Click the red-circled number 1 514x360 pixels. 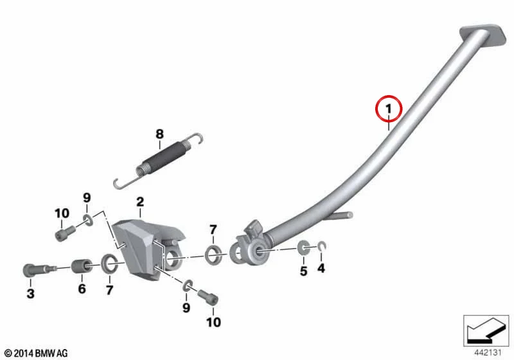coord(389,109)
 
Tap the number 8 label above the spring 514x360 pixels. coord(159,134)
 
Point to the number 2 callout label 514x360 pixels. coord(140,202)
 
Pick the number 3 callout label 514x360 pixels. coord(30,293)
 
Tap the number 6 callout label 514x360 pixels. coord(82,289)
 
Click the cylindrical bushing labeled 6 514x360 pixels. coord(82,266)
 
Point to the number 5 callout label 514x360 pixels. coord(303,271)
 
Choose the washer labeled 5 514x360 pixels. coord(303,248)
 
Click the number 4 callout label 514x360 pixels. coord(321,268)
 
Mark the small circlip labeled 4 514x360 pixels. coord(322,246)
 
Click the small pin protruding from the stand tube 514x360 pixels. coord(341,217)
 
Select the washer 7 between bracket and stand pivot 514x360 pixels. coord(213,255)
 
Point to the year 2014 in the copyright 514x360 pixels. coord(23,353)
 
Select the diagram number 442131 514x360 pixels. coord(488,352)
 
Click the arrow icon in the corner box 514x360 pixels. coord(484,329)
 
